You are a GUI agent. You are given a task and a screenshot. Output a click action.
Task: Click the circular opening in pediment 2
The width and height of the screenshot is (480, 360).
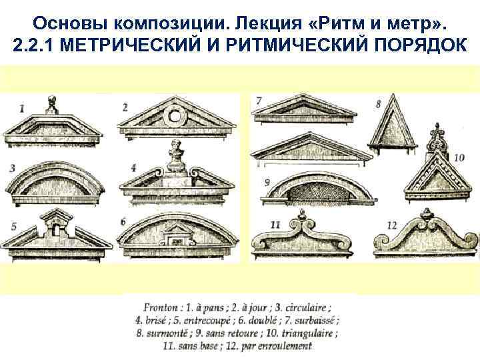[175, 116]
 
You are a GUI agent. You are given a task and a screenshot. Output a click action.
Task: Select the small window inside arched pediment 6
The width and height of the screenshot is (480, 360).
[178, 235]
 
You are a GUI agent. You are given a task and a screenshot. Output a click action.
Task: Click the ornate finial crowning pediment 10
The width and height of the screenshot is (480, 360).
[436, 133]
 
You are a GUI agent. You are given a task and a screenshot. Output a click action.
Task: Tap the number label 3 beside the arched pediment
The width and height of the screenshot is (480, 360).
[13, 167]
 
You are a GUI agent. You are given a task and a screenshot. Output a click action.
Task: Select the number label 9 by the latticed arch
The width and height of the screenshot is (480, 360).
[267, 181]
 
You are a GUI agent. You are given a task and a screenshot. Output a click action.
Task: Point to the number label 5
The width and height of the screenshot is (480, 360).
[13, 226]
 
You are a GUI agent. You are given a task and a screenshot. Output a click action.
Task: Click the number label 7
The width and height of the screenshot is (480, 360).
[259, 101]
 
